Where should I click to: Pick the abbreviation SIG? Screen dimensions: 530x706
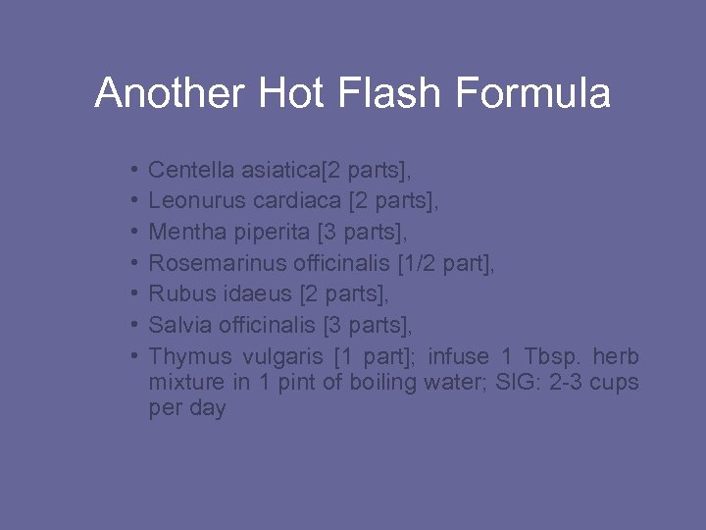[531, 381]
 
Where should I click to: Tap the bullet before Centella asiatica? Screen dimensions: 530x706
[132, 172]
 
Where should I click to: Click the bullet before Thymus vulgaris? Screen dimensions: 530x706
[132, 354]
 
